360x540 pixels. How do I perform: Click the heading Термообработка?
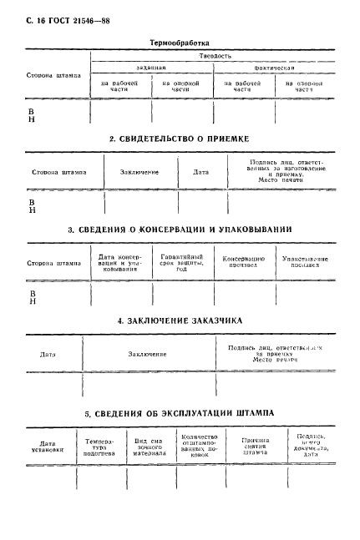pos(180,41)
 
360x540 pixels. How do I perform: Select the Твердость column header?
pos(215,55)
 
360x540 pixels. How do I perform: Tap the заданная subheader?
pos(151,68)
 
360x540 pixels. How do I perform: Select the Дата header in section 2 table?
pos(200,172)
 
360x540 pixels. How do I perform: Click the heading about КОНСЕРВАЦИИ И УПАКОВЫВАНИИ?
pos(180,229)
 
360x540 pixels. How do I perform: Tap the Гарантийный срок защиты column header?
pos(182,262)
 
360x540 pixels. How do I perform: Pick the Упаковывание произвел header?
pos(305,262)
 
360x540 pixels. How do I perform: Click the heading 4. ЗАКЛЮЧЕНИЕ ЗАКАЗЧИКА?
pos(180,320)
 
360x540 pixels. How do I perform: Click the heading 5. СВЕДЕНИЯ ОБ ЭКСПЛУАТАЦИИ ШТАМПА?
pos(180,412)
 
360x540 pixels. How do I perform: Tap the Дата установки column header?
pos(47,446)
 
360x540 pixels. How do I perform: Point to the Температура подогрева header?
pos(99,446)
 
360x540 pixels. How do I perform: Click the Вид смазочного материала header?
pos(150,446)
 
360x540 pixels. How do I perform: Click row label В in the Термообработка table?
pos(32,109)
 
